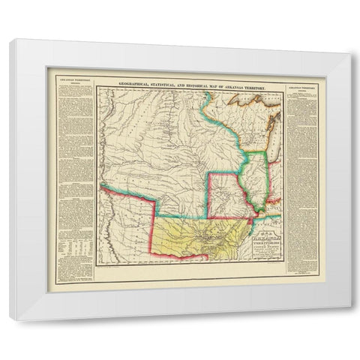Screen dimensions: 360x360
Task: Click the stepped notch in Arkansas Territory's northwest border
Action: point(156,217)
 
